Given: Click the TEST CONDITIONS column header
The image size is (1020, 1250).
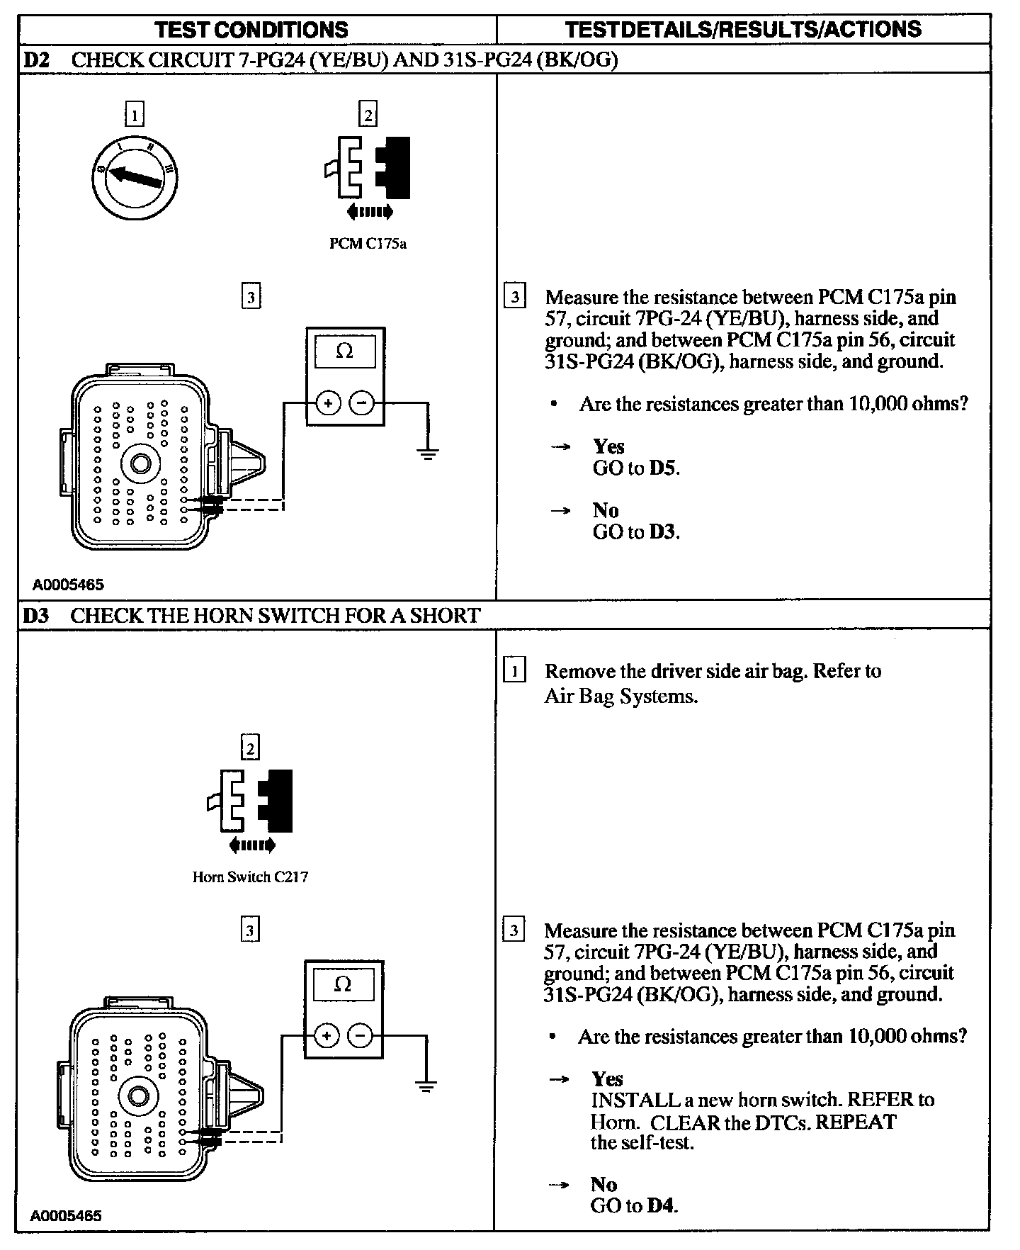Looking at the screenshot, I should (x=251, y=30).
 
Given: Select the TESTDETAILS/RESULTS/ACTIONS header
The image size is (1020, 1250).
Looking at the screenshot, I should (x=743, y=29).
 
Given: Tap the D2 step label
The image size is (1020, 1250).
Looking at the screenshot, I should (x=35, y=60).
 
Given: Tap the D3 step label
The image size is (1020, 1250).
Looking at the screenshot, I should (x=35, y=615).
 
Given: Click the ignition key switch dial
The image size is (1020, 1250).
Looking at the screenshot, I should (x=135, y=176).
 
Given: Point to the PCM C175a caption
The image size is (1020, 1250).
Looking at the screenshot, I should (x=368, y=244).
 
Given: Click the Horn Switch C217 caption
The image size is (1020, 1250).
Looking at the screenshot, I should (x=250, y=877).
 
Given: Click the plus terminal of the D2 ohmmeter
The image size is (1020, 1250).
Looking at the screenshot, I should (x=328, y=403).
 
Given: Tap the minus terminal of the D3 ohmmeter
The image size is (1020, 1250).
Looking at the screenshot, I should (x=360, y=1036).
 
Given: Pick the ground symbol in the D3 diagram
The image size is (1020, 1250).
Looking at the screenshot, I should (x=426, y=1085).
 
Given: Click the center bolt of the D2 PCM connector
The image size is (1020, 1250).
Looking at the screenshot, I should (x=140, y=463).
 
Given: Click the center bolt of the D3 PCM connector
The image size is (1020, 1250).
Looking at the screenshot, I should (x=138, y=1096).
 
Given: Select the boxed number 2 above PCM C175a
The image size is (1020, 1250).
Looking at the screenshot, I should (x=368, y=114).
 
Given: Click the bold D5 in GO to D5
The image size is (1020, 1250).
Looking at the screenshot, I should (x=663, y=468).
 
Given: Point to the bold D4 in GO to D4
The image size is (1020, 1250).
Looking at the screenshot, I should (x=662, y=1205).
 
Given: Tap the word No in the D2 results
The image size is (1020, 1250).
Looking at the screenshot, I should (x=606, y=510).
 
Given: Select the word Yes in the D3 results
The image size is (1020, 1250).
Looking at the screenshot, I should (x=607, y=1079).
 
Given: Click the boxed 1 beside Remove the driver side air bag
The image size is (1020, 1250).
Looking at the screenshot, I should (x=514, y=670).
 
